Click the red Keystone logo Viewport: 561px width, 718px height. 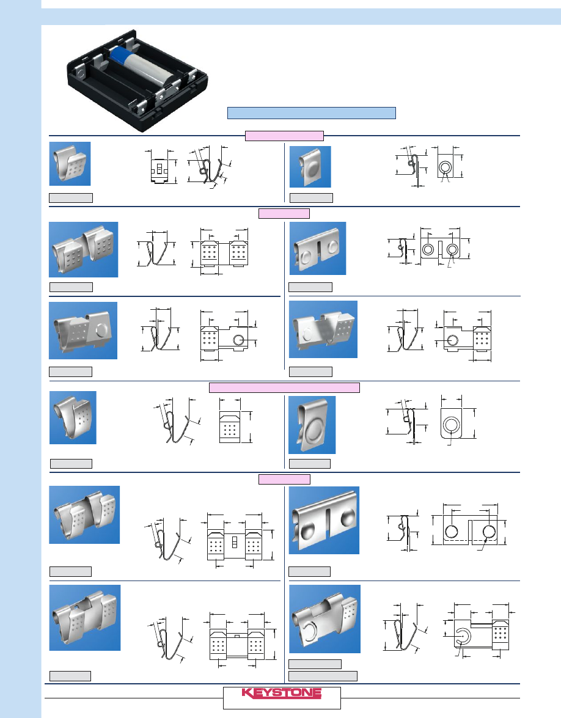282,693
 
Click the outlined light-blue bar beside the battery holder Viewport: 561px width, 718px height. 312,113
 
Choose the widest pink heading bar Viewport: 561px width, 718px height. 284,388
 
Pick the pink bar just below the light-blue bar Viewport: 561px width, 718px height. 284,136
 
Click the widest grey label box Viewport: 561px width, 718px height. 323,676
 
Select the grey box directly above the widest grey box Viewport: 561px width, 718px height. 315,664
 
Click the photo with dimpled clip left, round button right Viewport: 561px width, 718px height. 83,330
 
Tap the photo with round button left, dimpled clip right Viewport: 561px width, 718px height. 323,329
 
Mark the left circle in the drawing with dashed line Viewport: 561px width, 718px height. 451,531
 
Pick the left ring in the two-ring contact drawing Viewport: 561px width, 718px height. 428,249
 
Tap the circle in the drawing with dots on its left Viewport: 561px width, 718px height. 238,339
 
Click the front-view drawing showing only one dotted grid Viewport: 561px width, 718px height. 230,427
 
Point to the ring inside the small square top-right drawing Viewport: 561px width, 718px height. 444,167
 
